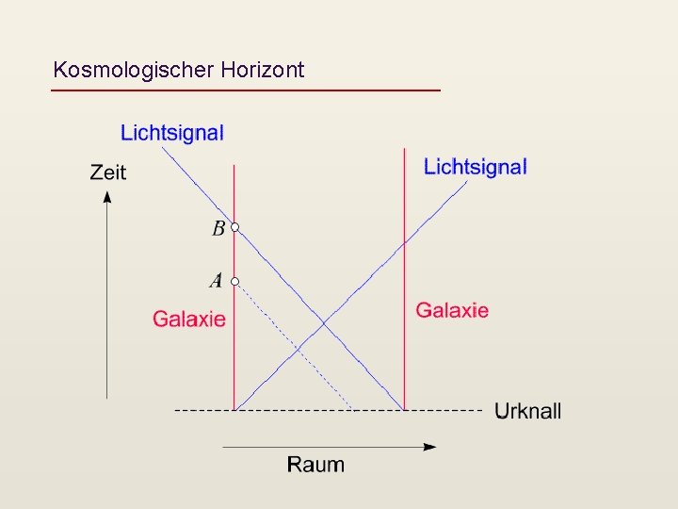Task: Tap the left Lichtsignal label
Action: click(x=172, y=133)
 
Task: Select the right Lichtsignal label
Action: click(x=475, y=167)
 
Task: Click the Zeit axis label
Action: click(x=107, y=172)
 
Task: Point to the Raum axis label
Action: click(x=315, y=464)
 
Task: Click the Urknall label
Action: click(x=527, y=411)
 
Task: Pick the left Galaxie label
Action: click(x=189, y=319)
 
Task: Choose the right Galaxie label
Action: click(x=452, y=309)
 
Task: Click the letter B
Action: click(x=218, y=228)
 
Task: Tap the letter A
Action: click(x=217, y=281)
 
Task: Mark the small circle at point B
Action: click(x=235, y=227)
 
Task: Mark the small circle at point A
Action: click(x=235, y=281)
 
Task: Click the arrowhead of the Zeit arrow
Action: click(x=107, y=196)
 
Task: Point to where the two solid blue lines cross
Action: click(x=323, y=323)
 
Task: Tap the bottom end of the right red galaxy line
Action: click(x=404, y=410)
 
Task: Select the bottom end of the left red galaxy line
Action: click(x=234, y=410)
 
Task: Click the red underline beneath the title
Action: click(x=245, y=90)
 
